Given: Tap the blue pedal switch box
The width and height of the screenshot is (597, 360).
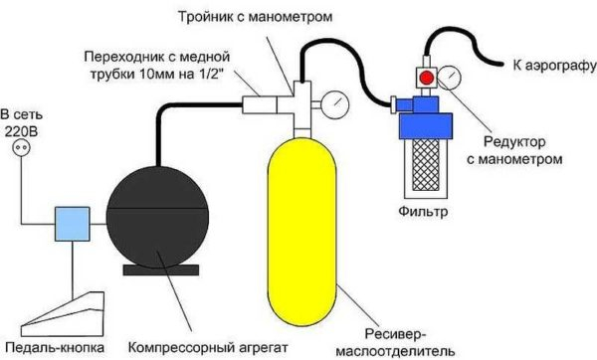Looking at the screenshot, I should (73, 222).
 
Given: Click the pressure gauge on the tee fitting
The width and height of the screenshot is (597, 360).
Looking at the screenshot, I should (334, 102).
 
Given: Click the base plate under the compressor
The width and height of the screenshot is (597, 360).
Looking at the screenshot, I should (160, 270).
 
